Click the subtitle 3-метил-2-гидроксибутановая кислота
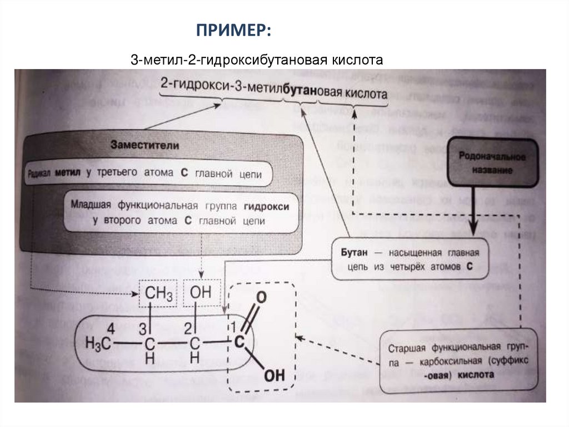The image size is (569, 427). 257,59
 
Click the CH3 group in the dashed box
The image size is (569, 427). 158,293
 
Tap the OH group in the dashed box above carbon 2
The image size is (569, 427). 200,292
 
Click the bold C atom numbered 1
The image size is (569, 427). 239,343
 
